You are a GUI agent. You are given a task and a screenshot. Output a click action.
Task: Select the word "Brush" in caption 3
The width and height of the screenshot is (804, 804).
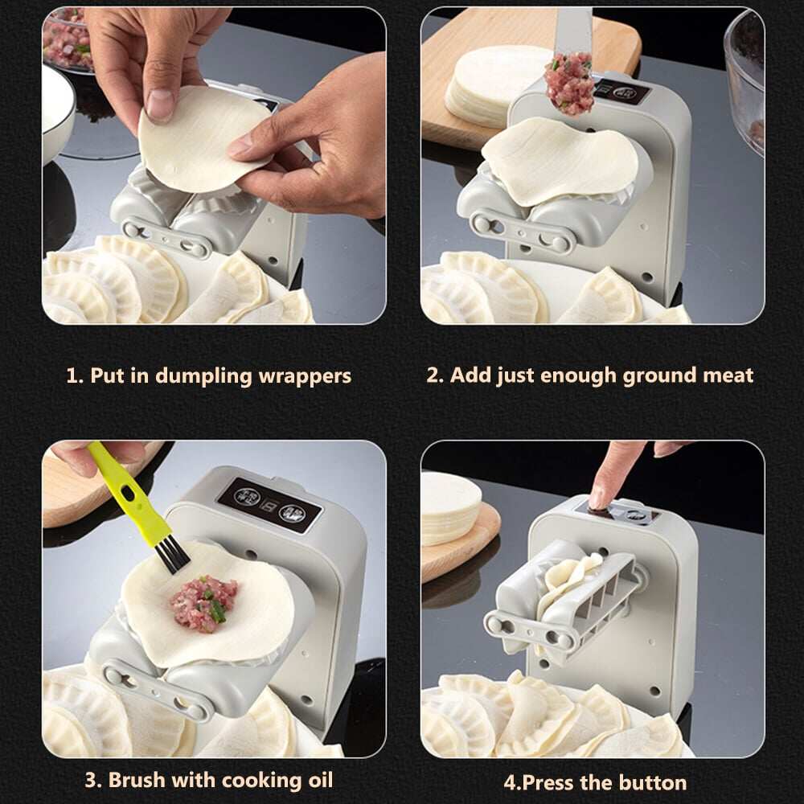(142, 779)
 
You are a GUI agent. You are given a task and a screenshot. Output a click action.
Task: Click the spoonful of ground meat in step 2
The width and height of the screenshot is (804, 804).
(569, 83)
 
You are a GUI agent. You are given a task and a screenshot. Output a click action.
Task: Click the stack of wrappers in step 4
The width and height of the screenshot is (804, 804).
(450, 507)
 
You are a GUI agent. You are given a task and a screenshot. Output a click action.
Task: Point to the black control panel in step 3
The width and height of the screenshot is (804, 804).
(269, 504)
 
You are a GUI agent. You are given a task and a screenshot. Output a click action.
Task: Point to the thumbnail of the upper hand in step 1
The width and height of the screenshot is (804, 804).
(162, 104)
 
